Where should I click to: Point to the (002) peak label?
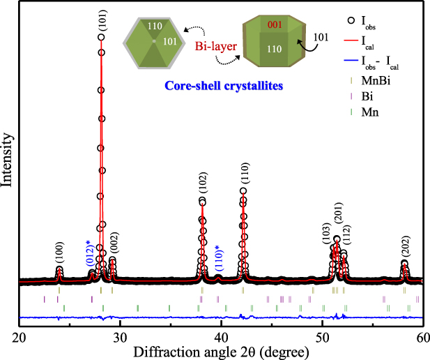tap(114, 243)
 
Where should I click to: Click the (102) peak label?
tap(202, 185)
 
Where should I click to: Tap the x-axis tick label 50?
tap(322, 336)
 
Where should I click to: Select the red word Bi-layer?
tap(209, 51)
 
